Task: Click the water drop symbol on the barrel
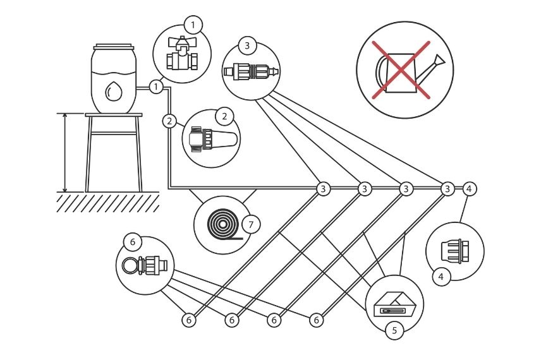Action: click(114, 92)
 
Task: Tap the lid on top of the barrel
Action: click(114, 47)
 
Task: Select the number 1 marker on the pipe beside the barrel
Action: click(156, 86)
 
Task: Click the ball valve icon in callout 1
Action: click(181, 54)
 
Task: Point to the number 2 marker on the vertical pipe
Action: click(169, 120)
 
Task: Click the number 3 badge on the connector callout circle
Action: click(247, 45)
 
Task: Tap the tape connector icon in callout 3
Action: click(251, 71)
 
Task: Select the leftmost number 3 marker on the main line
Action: click(323, 188)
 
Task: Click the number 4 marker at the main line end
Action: click(469, 188)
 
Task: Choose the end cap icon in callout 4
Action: click(455, 251)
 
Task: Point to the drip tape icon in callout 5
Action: click(394, 306)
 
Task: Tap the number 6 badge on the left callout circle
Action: click(133, 242)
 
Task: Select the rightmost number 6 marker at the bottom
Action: click(317, 320)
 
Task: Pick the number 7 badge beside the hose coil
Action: click(251, 224)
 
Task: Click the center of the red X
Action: click(403, 69)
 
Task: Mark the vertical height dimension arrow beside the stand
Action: click(65, 152)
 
